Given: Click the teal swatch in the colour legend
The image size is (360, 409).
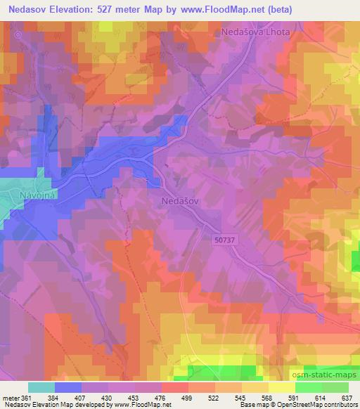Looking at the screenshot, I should point(41,387).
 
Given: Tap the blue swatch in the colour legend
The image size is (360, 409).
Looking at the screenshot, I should point(67,387).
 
